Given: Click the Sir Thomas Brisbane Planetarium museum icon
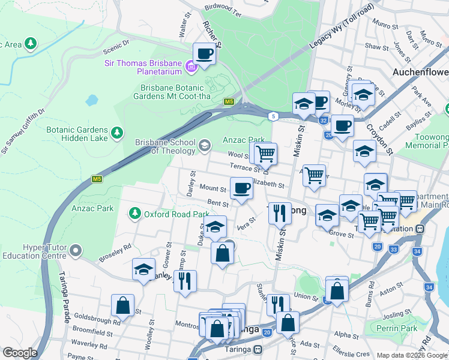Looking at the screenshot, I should pyautogui.click(x=191, y=66).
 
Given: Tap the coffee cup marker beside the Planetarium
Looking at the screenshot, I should pyautogui.click(x=204, y=54).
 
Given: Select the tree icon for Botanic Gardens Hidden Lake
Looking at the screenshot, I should pyautogui.click(x=117, y=132).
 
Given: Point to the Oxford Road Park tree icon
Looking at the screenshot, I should pyautogui.click(x=134, y=214).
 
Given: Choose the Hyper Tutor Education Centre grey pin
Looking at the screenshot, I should pyautogui.click(x=75, y=249).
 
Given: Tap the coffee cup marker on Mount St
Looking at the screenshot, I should pyautogui.click(x=242, y=188).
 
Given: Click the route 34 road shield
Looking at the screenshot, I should pyautogui.click(x=429, y=287).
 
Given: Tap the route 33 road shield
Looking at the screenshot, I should pyautogui.click(x=393, y=249).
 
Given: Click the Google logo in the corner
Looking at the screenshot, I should pyautogui.click(x=20, y=353).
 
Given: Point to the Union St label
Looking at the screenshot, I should pyautogui.click(x=306, y=297).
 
